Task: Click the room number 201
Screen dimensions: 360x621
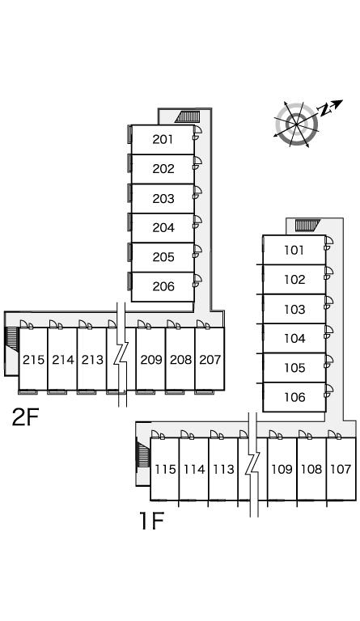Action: (x=163, y=139)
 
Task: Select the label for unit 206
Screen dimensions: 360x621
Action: (x=163, y=286)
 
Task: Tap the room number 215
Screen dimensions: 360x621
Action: (x=34, y=360)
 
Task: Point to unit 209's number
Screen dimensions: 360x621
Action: (x=151, y=360)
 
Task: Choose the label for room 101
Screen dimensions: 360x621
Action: (x=294, y=250)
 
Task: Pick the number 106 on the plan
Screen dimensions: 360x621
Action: (x=294, y=397)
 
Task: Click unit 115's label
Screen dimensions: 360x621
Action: (x=165, y=469)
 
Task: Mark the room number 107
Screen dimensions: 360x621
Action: (x=341, y=469)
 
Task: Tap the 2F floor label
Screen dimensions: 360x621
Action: (x=25, y=417)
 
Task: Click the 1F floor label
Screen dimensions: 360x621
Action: (x=151, y=521)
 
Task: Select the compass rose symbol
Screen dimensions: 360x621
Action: (x=297, y=125)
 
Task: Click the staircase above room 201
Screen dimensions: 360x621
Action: (x=188, y=116)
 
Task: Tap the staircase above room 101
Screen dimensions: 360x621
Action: (x=307, y=226)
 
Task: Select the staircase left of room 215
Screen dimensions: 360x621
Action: (x=12, y=338)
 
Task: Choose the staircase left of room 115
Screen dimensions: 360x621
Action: (x=143, y=454)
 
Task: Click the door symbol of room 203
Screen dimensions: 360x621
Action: (x=197, y=192)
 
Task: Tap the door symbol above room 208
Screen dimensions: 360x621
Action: (x=173, y=325)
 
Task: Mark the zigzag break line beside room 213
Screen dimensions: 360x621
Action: (x=121, y=354)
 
